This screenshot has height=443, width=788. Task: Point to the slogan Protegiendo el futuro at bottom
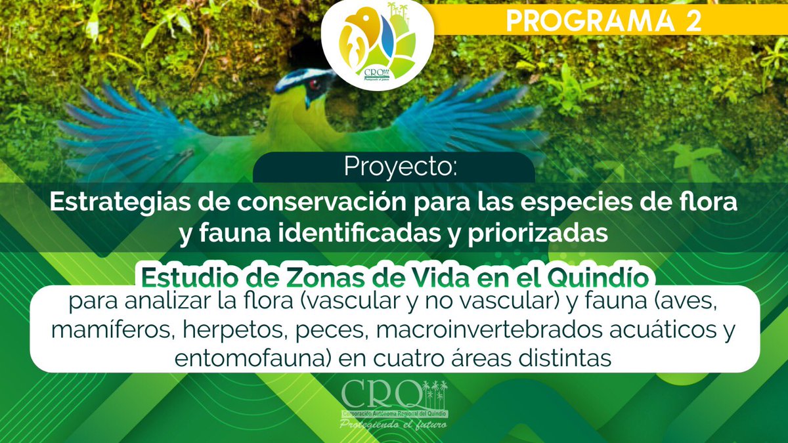393,425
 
